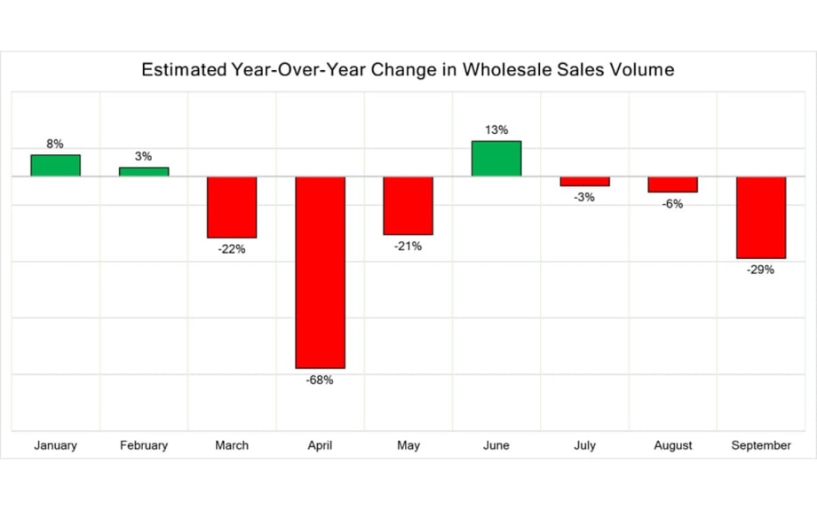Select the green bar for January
[55, 166]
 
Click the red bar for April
[320, 272]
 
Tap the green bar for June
[496, 159]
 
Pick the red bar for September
[761, 217]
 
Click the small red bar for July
[584, 181]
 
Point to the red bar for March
[232, 207]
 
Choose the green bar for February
[144, 172]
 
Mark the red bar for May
[408, 206]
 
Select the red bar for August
[672, 184]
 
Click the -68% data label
[320, 381]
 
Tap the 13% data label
[496, 130]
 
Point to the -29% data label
[761, 270]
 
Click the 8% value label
[55, 144]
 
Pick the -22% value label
[232, 249]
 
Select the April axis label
[320, 445]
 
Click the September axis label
[761, 445]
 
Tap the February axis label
[144, 445]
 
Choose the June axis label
[496, 445]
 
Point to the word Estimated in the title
[182, 70]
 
